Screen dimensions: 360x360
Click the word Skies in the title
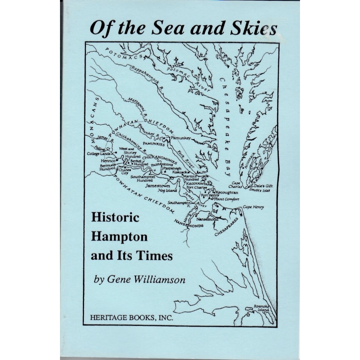[x=251, y=29]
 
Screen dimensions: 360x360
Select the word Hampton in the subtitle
[x=120, y=236]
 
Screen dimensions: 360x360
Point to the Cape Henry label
[x=253, y=207]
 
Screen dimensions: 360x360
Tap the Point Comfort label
[x=227, y=199]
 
